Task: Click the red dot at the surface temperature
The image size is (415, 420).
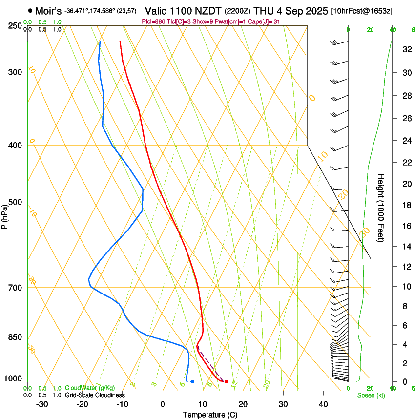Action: click(x=226, y=381)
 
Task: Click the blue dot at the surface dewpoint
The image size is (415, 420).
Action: click(x=192, y=381)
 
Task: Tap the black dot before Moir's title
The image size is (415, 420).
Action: click(x=30, y=10)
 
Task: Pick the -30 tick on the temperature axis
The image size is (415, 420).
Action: click(x=42, y=404)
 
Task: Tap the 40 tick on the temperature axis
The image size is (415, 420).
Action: click(x=323, y=404)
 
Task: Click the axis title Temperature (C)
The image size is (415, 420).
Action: click(x=210, y=415)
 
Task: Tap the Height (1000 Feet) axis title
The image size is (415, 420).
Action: click(x=381, y=208)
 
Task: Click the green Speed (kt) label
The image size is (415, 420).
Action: click(x=371, y=395)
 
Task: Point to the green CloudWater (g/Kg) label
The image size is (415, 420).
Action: click(x=90, y=388)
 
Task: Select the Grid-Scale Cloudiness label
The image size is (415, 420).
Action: click(x=95, y=395)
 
